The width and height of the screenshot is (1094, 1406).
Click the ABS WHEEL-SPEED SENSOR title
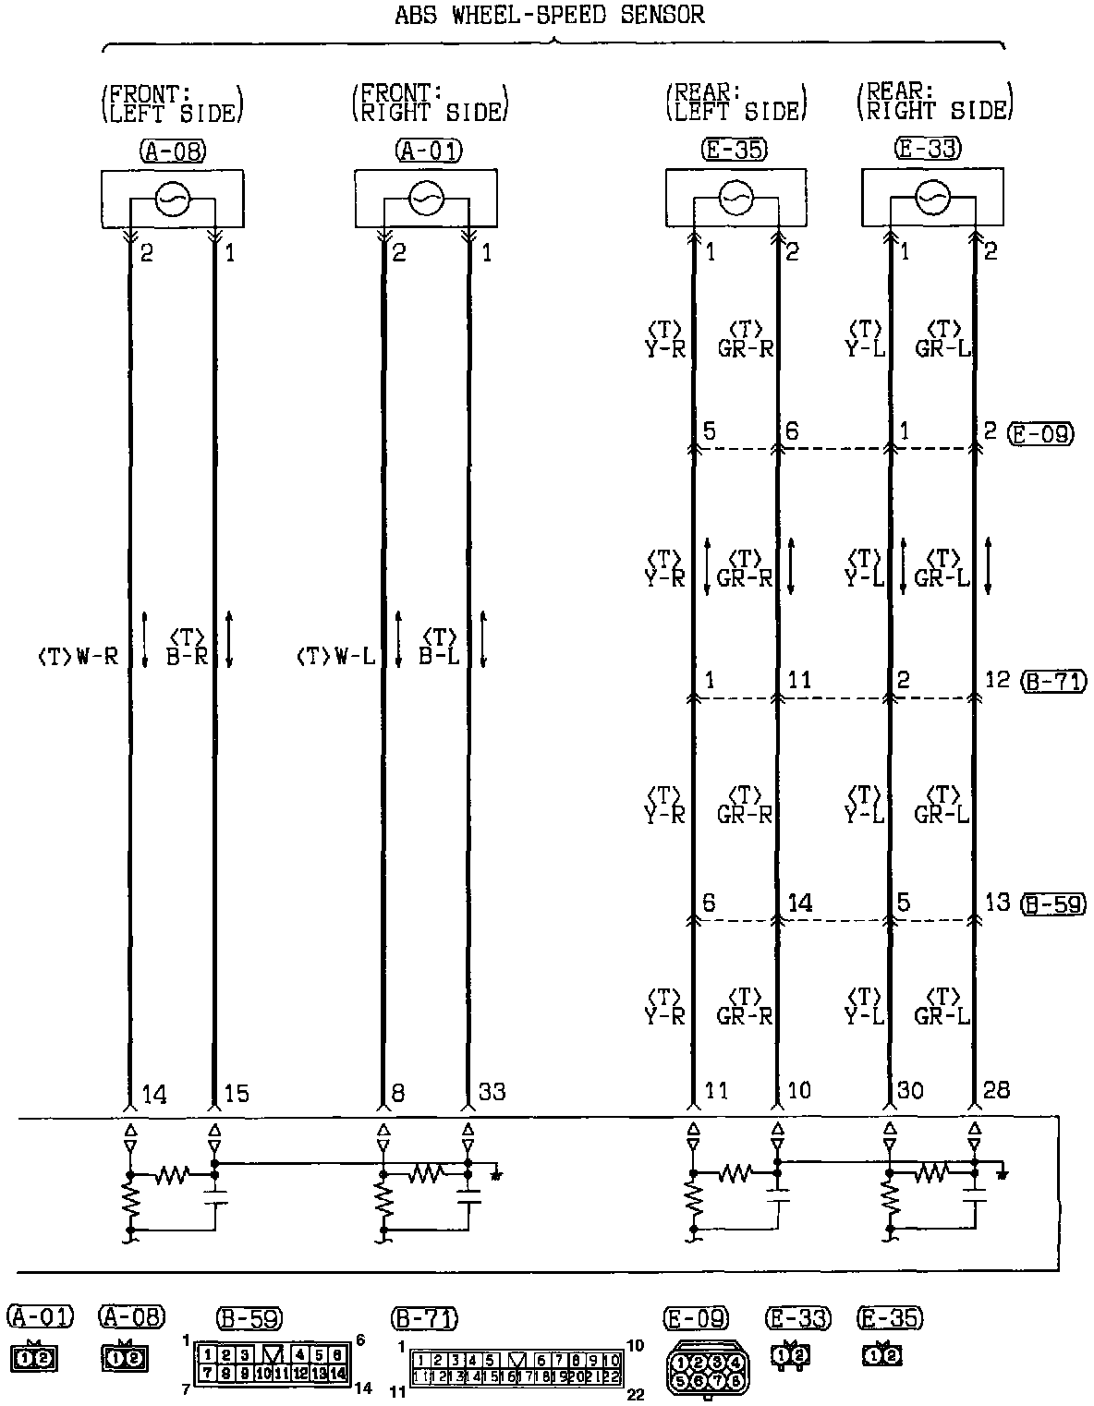click(x=549, y=15)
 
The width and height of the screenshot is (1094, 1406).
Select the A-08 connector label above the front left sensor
click(x=173, y=150)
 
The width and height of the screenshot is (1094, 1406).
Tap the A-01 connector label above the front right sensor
click(x=428, y=150)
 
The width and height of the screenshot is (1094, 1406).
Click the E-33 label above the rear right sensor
click(x=929, y=148)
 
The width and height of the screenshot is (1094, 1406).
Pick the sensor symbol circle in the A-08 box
click(x=172, y=199)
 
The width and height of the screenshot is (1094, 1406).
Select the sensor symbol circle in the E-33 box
click(x=931, y=197)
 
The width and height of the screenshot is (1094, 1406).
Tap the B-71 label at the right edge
click(x=1052, y=682)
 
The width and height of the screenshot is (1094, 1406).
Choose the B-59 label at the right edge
click(x=1052, y=903)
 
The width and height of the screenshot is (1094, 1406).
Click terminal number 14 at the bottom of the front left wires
click(x=154, y=1095)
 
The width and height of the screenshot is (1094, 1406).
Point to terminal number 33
click(x=492, y=1092)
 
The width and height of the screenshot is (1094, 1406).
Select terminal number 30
click(x=910, y=1091)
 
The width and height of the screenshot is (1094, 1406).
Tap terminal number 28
click(x=996, y=1091)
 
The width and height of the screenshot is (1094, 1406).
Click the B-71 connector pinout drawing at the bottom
click(x=517, y=1368)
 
